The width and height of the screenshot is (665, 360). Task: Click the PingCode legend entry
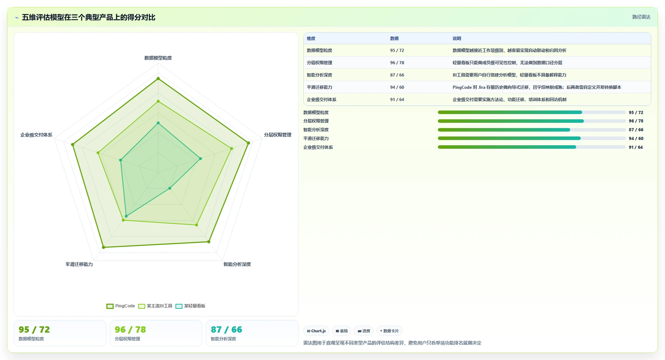tap(121, 306)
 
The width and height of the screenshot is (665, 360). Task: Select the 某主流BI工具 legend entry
tap(155, 306)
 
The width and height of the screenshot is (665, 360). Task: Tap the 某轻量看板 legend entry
tap(190, 306)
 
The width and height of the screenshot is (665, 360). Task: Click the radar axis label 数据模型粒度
tap(158, 58)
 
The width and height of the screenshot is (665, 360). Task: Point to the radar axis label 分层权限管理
tap(278, 135)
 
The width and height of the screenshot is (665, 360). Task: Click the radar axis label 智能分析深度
tap(237, 264)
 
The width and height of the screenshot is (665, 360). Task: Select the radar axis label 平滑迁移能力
tap(79, 264)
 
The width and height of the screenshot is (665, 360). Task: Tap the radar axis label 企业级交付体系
tap(36, 135)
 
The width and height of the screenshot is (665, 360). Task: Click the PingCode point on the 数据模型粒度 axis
tap(158, 79)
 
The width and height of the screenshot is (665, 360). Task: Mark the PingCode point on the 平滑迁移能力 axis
tap(104, 247)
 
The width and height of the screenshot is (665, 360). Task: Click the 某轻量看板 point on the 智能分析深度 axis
tap(170, 188)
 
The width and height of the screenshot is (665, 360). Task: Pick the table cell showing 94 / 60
tap(397, 87)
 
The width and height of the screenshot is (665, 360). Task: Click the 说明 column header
tap(457, 39)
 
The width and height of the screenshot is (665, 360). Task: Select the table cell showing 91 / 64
tap(397, 100)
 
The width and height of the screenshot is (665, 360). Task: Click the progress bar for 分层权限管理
tap(532, 121)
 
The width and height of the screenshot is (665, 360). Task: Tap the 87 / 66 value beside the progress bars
tap(636, 130)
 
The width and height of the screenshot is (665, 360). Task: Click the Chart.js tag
tap(316, 331)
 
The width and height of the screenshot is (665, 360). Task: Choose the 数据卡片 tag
tap(389, 331)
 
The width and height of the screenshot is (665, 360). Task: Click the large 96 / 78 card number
tap(130, 330)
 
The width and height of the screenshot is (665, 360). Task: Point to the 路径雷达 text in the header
tap(641, 17)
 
